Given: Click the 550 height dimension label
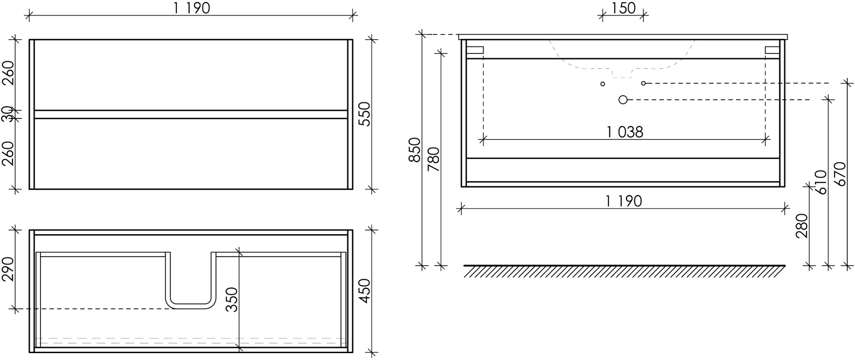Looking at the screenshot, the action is pyautogui.click(x=365, y=114).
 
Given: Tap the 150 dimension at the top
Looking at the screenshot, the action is pyautogui.click(x=623, y=8).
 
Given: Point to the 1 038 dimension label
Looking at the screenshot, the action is pyautogui.click(x=625, y=132).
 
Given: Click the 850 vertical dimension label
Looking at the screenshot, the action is pyautogui.click(x=415, y=149).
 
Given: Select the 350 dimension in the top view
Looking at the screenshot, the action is pyautogui.click(x=232, y=299).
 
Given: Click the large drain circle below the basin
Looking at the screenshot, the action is pyautogui.click(x=623, y=99).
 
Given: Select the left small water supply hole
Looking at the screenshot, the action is pyautogui.click(x=603, y=84).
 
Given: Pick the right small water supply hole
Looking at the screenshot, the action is pyautogui.click(x=644, y=83).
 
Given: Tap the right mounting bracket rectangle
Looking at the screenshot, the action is pyautogui.click(x=773, y=50).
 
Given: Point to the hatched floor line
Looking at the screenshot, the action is pyautogui.click(x=624, y=271).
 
